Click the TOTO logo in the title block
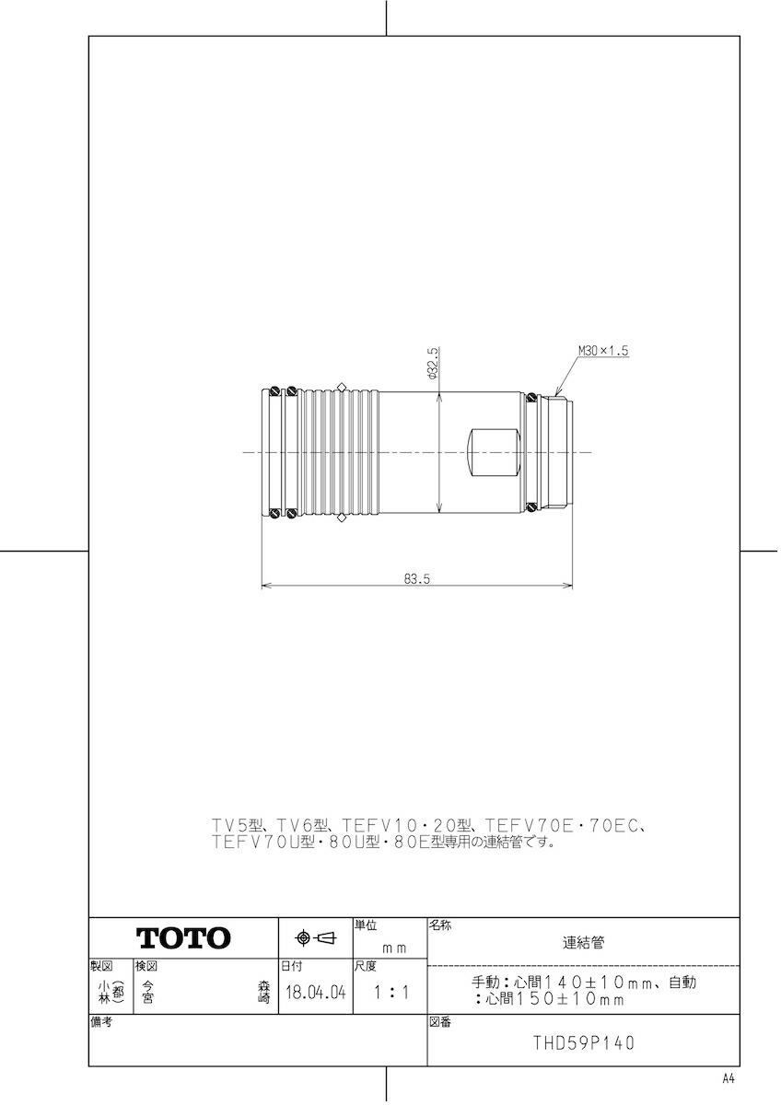[183, 938]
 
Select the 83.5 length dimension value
[417, 579]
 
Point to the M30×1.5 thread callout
[602, 351]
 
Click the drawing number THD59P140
[583, 1043]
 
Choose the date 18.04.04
[315, 994]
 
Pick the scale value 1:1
[390, 994]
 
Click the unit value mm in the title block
[394, 947]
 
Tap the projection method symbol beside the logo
[315, 938]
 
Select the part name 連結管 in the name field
[584, 943]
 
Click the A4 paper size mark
[729, 1078]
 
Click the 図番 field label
[439, 1022]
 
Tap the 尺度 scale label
[366, 967]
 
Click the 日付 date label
[291, 967]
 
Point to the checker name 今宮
[147, 991]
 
